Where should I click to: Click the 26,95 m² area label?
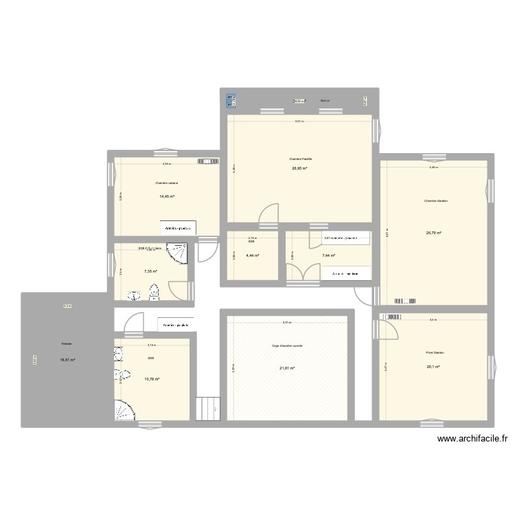pyautogui.click(x=300, y=168)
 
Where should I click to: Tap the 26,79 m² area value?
pyautogui.click(x=434, y=233)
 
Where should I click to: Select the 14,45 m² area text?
pyautogui.click(x=167, y=197)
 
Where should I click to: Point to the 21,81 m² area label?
pyautogui.click(x=287, y=369)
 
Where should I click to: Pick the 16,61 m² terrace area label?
pyautogui.click(x=67, y=360)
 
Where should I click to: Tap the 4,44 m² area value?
pyautogui.click(x=253, y=256)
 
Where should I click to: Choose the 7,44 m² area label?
pyautogui.click(x=329, y=256)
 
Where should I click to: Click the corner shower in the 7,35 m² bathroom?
pyautogui.click(x=179, y=253)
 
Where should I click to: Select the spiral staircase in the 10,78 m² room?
pyautogui.click(x=126, y=409)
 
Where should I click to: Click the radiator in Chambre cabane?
pyautogui.click(x=207, y=162)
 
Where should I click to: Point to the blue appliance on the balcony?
pyautogui.click(x=230, y=100)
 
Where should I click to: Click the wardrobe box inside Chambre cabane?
pyautogui.click(x=179, y=227)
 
